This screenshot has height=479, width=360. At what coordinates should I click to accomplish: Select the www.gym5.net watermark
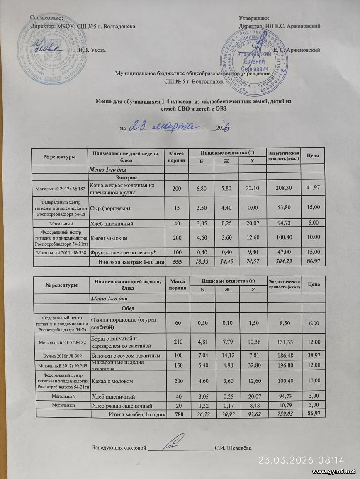coord(333,472)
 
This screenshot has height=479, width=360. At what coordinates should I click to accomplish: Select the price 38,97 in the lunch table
coord(313,356)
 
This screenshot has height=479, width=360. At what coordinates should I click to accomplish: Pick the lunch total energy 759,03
coord(283,414)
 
